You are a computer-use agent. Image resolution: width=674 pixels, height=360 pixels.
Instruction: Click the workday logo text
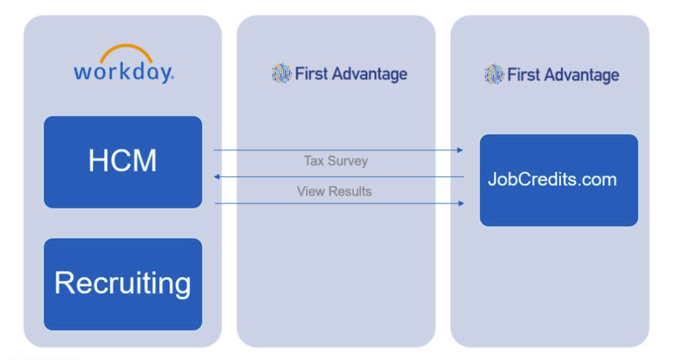coord(123,71)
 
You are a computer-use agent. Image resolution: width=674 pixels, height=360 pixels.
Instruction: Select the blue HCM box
coord(123,162)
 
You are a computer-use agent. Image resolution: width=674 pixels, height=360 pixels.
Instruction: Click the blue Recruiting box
coord(123,284)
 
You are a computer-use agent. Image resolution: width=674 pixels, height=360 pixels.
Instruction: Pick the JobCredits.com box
coord(558,180)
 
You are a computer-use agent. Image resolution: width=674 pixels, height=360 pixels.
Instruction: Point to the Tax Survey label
coord(336,161)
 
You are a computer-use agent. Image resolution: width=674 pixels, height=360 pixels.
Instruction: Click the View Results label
coord(334,191)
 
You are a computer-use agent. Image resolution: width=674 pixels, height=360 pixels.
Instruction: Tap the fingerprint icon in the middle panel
coord(281,73)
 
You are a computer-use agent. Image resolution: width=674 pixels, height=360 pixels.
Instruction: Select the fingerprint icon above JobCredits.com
coord(494,74)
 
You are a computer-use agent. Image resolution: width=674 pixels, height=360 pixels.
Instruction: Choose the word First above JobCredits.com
coord(523,75)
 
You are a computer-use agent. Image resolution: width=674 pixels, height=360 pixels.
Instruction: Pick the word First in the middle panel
coord(310,74)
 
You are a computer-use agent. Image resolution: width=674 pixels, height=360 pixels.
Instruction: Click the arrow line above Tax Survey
coord(338,151)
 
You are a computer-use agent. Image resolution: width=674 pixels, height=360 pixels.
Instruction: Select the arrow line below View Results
coord(338,204)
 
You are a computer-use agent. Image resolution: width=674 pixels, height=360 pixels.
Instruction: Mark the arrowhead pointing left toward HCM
coord(217,177)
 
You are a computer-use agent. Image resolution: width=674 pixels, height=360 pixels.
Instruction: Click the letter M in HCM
coord(144,162)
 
